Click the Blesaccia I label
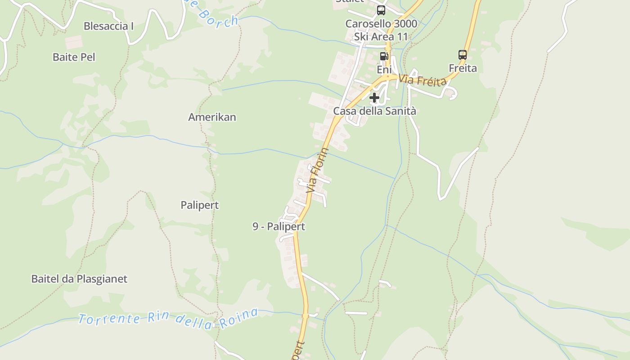click(x=108, y=26)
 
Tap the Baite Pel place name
click(x=74, y=57)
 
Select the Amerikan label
click(x=212, y=117)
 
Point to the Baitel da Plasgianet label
click(x=79, y=279)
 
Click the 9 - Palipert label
click(x=279, y=226)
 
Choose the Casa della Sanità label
click(x=374, y=111)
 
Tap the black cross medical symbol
click(x=374, y=97)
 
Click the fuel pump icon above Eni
click(x=384, y=56)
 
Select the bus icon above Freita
click(x=462, y=55)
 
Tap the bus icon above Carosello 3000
click(x=381, y=10)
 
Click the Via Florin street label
click(x=317, y=171)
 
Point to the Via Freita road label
click(x=422, y=80)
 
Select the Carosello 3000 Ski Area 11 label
click(x=381, y=30)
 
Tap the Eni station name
click(x=384, y=69)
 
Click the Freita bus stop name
click(x=463, y=68)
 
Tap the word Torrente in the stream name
click(x=109, y=319)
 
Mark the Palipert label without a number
click(x=200, y=205)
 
